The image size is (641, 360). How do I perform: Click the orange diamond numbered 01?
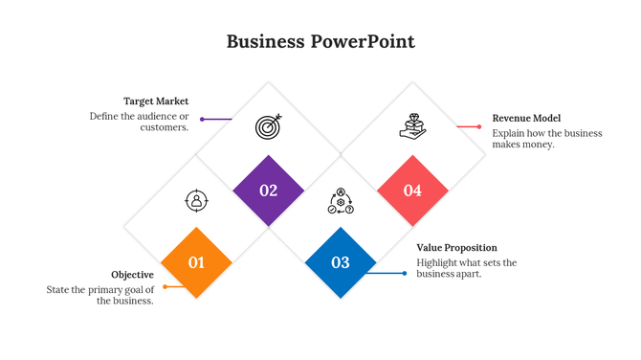196,262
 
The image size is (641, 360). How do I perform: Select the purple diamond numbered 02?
268,191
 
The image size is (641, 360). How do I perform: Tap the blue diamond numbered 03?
341,262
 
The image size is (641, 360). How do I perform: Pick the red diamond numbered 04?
412,191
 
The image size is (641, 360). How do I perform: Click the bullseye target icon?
269,125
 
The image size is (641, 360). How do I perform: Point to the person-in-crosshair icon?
196,200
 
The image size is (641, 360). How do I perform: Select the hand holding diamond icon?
412,126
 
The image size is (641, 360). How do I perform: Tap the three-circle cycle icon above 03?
341,201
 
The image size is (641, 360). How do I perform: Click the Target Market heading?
156,101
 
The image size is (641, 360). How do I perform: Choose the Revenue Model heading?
526,118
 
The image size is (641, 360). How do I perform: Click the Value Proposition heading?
456,248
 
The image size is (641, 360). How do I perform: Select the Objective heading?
132,275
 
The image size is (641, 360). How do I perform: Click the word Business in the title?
265,41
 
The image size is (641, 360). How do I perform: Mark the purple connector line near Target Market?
218,120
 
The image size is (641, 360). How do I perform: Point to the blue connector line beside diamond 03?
387,274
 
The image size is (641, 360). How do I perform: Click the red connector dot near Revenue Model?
479,126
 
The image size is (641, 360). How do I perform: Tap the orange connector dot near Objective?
165,286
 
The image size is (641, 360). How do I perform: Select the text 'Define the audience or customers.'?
140,122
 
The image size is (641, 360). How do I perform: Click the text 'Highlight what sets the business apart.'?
466,268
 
